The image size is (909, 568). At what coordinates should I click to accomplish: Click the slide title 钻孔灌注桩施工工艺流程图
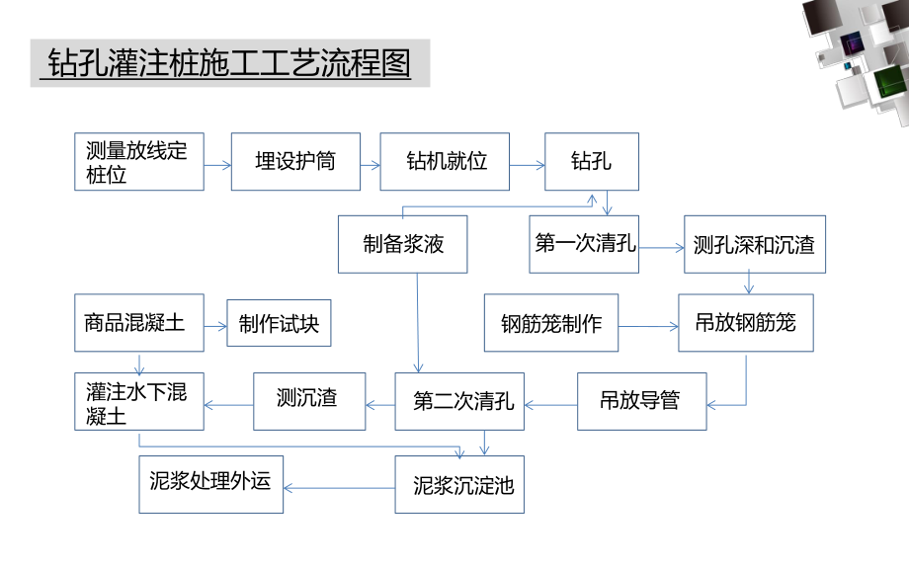220,64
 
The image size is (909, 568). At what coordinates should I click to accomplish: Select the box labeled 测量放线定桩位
139,161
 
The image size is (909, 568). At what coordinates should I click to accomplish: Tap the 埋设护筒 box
294,161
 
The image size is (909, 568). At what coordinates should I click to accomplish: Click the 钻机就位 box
447,161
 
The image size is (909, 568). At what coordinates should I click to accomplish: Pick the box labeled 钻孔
591,161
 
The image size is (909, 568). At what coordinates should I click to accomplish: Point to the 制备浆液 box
403,244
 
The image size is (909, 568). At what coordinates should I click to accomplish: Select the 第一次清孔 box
585,244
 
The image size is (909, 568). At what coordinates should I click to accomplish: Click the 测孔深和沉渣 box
754,244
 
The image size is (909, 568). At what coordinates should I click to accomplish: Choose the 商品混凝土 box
139,323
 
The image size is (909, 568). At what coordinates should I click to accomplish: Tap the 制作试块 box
279,323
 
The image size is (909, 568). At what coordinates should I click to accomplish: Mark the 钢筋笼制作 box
550,323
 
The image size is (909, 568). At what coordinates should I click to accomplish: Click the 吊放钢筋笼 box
745,323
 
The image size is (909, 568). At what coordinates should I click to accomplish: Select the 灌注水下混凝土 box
139,401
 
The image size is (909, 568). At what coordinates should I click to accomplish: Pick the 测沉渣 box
308,401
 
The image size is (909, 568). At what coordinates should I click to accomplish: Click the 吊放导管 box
641,401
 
